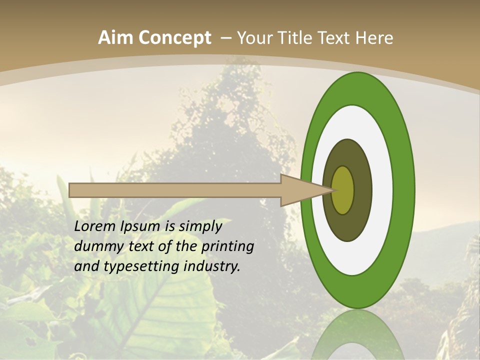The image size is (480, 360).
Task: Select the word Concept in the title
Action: pos(175,38)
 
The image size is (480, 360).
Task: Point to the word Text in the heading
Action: pos(335,38)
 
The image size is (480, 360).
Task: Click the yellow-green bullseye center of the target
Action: pos(343,190)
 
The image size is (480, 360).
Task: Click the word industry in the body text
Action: pos(212,267)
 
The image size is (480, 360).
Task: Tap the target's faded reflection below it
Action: pos(357,335)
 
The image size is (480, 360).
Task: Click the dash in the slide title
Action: pos(225,38)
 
